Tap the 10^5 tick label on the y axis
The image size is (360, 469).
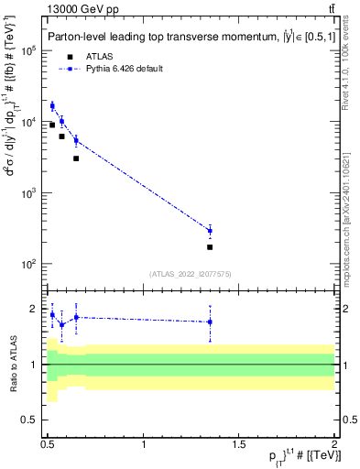(28, 51)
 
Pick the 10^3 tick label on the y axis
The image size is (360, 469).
(28, 193)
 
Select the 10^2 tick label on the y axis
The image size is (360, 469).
(28, 265)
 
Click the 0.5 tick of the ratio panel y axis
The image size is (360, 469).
(32, 420)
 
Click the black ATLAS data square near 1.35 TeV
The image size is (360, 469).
(210, 247)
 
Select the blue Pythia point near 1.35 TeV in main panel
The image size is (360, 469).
(210, 231)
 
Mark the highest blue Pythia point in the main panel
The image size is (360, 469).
(52, 106)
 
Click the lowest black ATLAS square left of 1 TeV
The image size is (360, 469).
(76, 158)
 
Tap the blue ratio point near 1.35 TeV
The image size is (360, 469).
(210, 322)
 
